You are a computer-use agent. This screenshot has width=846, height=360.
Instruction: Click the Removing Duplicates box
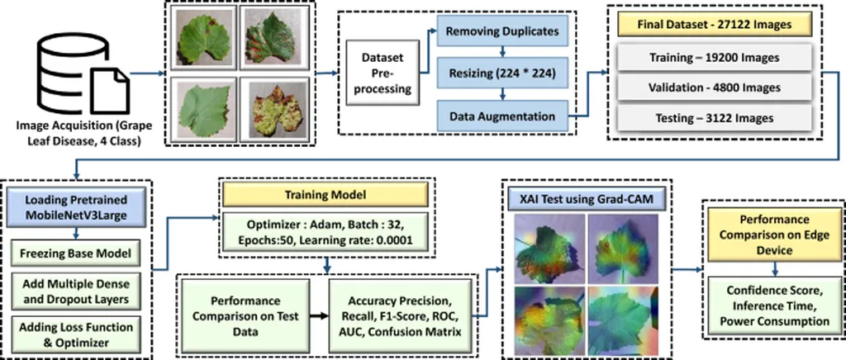click(504, 32)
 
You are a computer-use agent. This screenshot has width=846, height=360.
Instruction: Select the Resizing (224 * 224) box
click(504, 73)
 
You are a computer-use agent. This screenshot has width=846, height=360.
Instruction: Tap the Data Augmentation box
click(504, 116)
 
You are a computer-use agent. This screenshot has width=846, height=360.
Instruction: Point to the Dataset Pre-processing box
click(383, 74)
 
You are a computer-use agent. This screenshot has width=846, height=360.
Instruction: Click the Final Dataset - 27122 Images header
click(715, 25)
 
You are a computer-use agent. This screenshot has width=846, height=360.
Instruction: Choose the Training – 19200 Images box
click(715, 58)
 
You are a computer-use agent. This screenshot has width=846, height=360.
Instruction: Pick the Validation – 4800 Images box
click(715, 88)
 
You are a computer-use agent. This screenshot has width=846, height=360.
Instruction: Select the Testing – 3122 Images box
click(715, 118)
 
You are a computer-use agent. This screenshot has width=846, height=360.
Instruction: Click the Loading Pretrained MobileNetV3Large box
click(79, 206)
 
